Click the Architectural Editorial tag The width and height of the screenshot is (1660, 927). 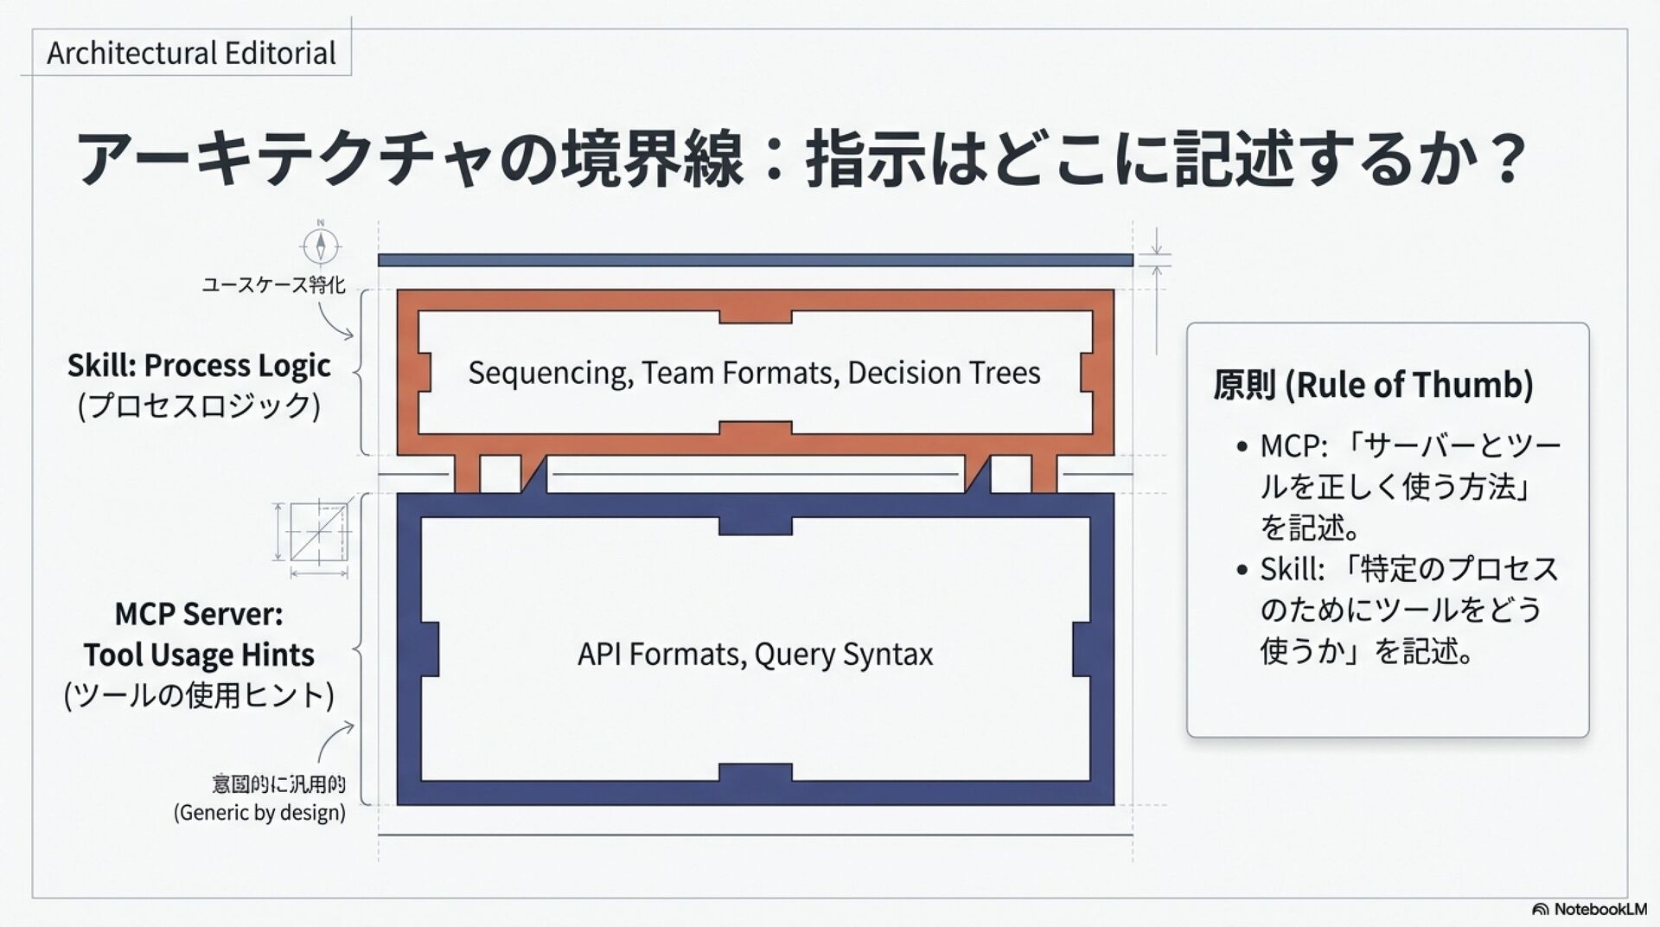[x=191, y=54]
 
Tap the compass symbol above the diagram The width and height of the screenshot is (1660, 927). [x=321, y=246]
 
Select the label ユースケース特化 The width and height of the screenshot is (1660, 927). [x=273, y=284]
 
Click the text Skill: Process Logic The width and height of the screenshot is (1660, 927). [x=199, y=366]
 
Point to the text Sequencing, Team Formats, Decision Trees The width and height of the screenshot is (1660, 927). [x=754, y=373]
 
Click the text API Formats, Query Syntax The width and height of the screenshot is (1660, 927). [x=755, y=655]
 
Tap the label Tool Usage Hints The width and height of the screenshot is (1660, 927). [x=199, y=655]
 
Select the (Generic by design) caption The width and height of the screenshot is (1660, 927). [x=259, y=813]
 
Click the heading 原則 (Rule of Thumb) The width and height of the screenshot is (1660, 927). [x=1372, y=385]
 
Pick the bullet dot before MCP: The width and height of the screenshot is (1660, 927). [x=1242, y=447]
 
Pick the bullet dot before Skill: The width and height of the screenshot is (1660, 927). [x=1242, y=570]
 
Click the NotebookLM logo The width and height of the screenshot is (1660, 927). [x=1589, y=909]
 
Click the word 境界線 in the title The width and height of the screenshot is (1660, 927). [x=652, y=158]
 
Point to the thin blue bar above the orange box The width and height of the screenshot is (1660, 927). [x=755, y=260]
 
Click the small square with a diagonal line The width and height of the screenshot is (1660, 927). [x=318, y=532]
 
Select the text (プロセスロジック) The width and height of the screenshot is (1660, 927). [x=199, y=406]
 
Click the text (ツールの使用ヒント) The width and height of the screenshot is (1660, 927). [x=199, y=695]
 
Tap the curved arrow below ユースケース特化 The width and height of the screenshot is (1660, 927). [x=335, y=322]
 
